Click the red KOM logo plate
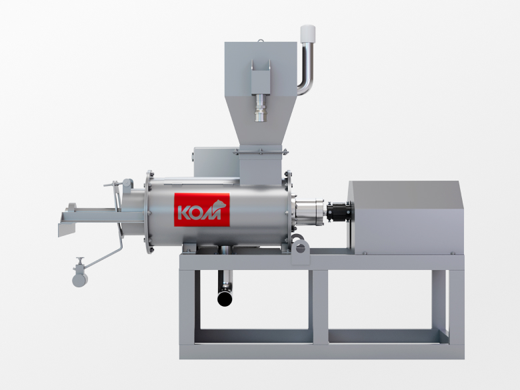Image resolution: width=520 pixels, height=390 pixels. (x=202, y=210)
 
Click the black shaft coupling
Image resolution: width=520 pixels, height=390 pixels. (x=339, y=211)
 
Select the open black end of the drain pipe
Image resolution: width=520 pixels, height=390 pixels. (x=225, y=299)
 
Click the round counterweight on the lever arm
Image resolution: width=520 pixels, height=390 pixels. (x=80, y=279)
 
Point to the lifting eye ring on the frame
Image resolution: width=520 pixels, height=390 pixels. (x=301, y=248)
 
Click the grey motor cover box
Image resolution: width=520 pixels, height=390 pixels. (x=406, y=218)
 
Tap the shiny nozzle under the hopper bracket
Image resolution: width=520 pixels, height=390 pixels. (x=261, y=108)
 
